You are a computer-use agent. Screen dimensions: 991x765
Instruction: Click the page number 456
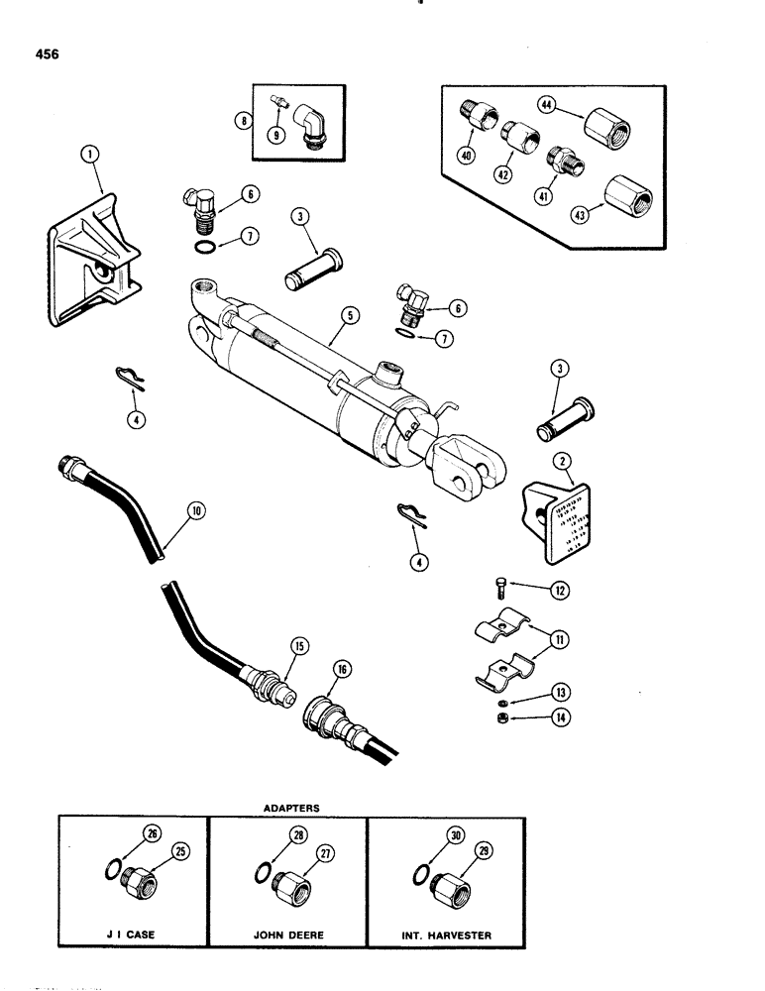pyautogui.click(x=45, y=55)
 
